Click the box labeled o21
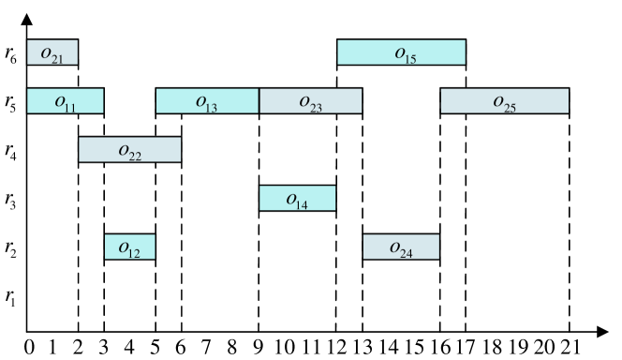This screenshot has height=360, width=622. (x=52, y=52)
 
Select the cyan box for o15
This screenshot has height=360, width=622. (x=401, y=52)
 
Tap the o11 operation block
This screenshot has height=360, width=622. (x=65, y=101)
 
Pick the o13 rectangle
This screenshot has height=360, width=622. (x=207, y=101)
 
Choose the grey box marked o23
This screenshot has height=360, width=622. (x=310, y=101)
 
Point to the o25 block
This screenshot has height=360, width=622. (x=504, y=101)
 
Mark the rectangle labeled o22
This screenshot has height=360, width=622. (x=129, y=150)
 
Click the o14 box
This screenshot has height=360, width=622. (x=297, y=199)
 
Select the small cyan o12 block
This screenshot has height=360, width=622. (x=129, y=247)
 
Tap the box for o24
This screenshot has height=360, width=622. (x=401, y=247)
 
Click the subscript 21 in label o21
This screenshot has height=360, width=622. (x=58, y=60)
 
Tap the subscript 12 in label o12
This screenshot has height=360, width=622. (x=135, y=255)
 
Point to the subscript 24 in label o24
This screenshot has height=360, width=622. (x=407, y=255)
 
